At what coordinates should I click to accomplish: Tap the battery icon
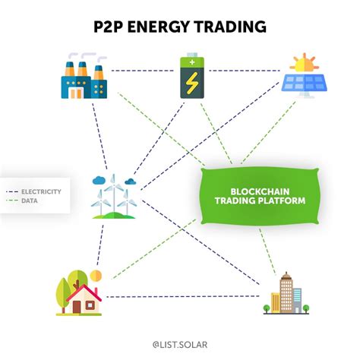pos(191,76)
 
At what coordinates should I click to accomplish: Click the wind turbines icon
pos(114,196)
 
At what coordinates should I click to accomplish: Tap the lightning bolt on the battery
pos(191,82)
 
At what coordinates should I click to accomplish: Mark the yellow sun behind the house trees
pos(95,274)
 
